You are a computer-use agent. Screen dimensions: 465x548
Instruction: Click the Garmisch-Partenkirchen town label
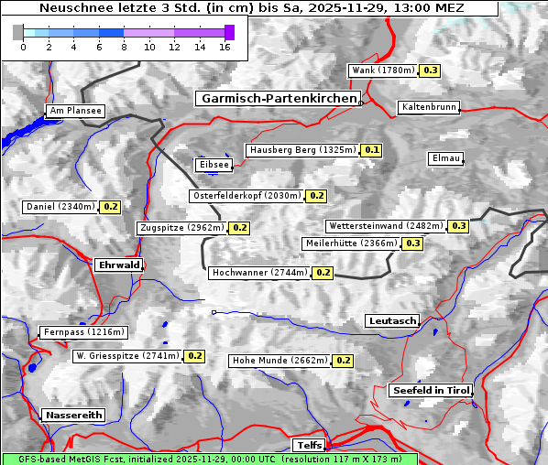point(277,98)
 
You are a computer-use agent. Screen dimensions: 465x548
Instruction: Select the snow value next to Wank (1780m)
point(430,70)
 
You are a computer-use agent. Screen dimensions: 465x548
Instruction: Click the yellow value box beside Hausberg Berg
point(371,150)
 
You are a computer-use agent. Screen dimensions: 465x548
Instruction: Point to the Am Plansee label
point(75,111)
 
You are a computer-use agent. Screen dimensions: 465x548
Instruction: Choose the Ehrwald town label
point(118,265)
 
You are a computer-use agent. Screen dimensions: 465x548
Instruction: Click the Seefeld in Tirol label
point(430,390)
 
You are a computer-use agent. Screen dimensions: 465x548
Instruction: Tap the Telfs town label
point(307,445)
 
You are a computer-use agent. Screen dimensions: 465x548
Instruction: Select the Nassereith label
point(73,415)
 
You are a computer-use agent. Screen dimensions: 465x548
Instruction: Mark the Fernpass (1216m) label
point(83,332)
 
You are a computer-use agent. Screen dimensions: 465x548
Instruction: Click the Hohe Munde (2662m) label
point(280,361)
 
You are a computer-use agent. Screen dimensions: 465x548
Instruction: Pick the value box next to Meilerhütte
point(413,243)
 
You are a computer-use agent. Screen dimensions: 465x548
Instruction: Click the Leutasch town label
point(392,321)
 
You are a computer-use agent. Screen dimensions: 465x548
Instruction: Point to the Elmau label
point(445,158)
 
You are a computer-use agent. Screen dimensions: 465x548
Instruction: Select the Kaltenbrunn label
point(428,107)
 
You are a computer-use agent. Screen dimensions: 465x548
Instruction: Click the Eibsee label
point(213,165)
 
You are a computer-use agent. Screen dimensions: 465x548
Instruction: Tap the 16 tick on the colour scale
point(224,47)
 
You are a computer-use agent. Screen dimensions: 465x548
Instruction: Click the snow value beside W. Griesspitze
point(195,356)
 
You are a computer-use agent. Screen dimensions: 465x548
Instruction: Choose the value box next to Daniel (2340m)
point(111,207)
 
